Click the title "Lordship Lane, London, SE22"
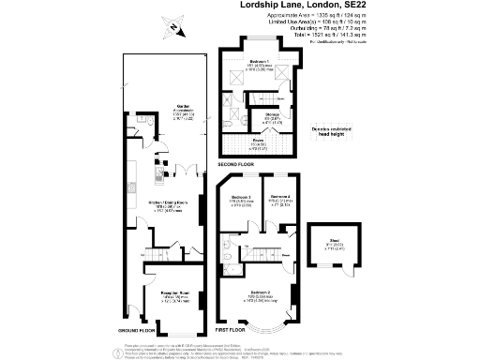298,6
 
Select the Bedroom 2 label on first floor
260,294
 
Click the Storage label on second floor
271,115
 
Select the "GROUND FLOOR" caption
124,332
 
